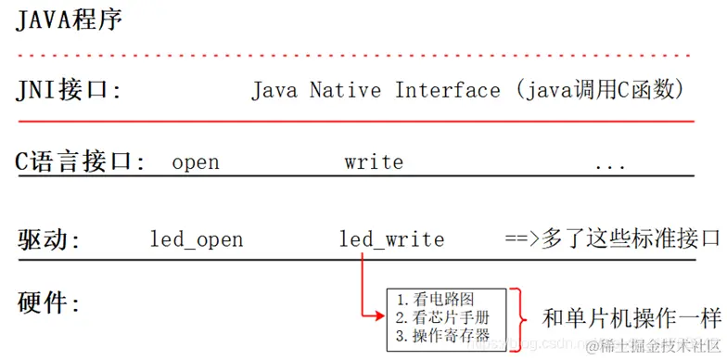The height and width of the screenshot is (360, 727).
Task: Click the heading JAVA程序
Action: (x=70, y=19)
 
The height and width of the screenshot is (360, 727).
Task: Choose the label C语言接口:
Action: (x=82, y=161)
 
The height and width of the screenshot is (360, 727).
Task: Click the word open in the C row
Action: (x=196, y=162)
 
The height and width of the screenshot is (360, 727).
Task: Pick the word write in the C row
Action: (x=374, y=162)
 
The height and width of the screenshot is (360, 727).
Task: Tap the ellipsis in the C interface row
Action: (x=610, y=164)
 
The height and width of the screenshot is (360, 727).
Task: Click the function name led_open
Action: (x=197, y=239)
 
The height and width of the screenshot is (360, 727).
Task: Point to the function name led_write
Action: (x=391, y=239)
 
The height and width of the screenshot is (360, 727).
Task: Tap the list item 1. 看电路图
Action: (x=435, y=300)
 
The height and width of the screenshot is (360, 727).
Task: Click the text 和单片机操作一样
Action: (x=631, y=318)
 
